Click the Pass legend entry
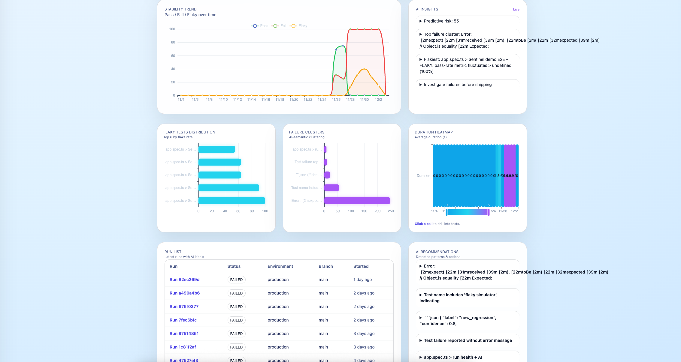260,26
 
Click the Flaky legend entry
299,26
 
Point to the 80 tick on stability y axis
173,42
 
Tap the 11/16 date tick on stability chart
265,100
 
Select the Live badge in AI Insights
516,9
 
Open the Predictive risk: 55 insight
441,21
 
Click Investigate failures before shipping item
457,85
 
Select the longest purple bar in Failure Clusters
357,201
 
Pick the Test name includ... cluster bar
331,188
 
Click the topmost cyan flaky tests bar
216,149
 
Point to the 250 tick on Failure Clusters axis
391,211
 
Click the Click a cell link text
423,224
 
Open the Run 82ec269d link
184,280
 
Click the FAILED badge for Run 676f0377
236,307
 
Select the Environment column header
280,266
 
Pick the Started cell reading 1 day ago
362,280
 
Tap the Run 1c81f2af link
183,347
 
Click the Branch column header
325,266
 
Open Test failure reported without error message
468,340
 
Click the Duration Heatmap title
433,132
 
